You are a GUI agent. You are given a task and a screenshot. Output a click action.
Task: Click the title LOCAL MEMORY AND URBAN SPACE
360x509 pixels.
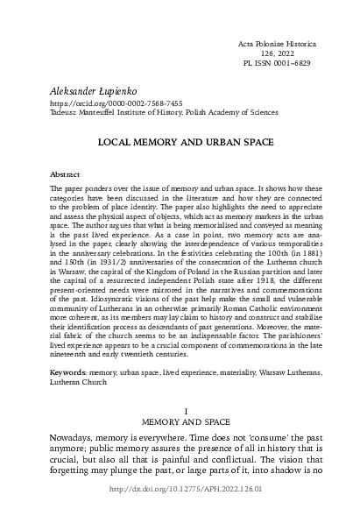[x=180, y=141]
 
